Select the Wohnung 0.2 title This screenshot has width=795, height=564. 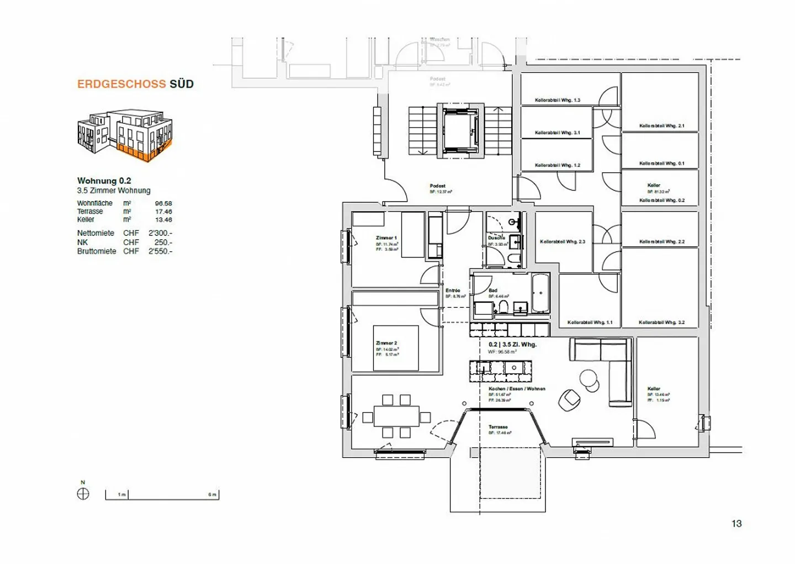pos(104,181)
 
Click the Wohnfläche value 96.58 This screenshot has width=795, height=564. pos(163,203)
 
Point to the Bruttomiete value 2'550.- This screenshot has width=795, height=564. pos(160,251)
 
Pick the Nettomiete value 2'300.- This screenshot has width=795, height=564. pos(160,233)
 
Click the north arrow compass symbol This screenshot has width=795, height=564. pos(83,494)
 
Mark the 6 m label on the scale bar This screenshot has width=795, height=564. pos(212,494)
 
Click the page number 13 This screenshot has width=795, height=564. pos(736,524)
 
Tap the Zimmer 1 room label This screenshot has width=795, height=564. pos(386,238)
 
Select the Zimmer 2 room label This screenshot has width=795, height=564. pos(386,343)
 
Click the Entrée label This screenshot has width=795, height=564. pos(453,291)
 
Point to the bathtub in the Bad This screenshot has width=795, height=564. pos(540,293)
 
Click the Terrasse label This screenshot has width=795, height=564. pos(498,427)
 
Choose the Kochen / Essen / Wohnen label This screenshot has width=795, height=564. pos(517,389)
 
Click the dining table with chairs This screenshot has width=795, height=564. pos(396,416)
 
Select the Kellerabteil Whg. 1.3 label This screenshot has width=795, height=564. pos(557,101)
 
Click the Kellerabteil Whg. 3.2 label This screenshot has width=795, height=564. pos(661,323)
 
